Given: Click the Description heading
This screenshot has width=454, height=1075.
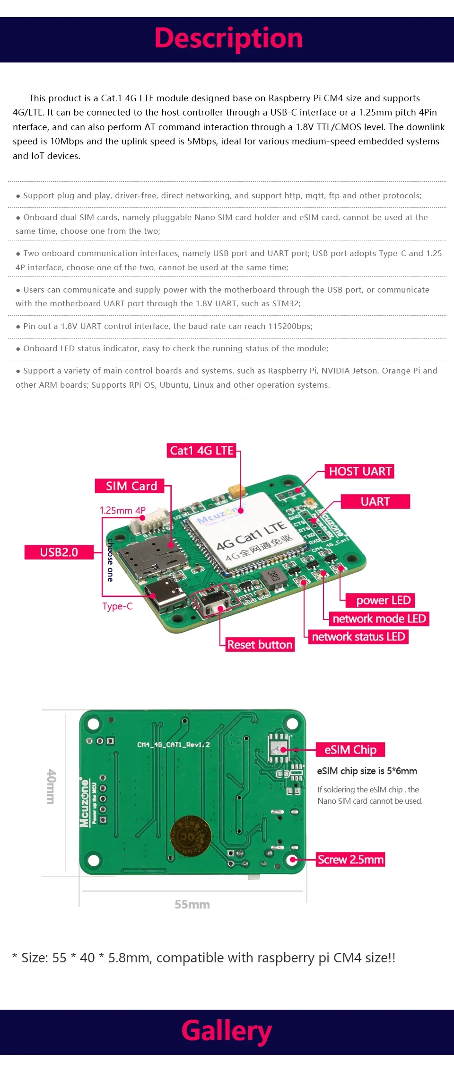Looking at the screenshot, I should [x=228, y=39].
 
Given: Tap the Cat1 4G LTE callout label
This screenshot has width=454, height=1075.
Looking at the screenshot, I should [x=202, y=451].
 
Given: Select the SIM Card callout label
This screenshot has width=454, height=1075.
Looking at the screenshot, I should [x=131, y=486].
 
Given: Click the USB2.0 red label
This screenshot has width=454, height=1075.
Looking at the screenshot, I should [x=59, y=552].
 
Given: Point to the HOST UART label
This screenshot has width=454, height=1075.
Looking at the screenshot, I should [x=360, y=471].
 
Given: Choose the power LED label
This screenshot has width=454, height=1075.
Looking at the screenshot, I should [x=383, y=600].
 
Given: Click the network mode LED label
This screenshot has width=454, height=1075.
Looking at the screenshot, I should [x=379, y=619].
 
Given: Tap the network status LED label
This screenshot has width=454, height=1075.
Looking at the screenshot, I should [x=358, y=637].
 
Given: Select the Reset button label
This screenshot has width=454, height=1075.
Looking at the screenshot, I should [x=260, y=645].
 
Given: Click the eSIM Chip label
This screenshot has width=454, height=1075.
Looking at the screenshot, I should [x=350, y=750].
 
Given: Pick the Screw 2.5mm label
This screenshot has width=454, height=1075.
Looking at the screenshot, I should [x=350, y=860].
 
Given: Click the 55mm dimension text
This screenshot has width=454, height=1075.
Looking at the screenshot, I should [x=192, y=905].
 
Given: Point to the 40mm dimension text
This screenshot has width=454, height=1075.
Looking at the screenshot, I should [x=51, y=786].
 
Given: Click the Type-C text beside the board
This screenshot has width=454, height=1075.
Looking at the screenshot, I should [x=117, y=606].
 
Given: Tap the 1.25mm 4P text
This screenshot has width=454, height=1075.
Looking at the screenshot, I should [x=122, y=510].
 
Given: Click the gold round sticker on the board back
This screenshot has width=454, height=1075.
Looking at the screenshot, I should [x=191, y=836].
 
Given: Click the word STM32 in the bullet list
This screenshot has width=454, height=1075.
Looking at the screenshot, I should [x=286, y=303].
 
